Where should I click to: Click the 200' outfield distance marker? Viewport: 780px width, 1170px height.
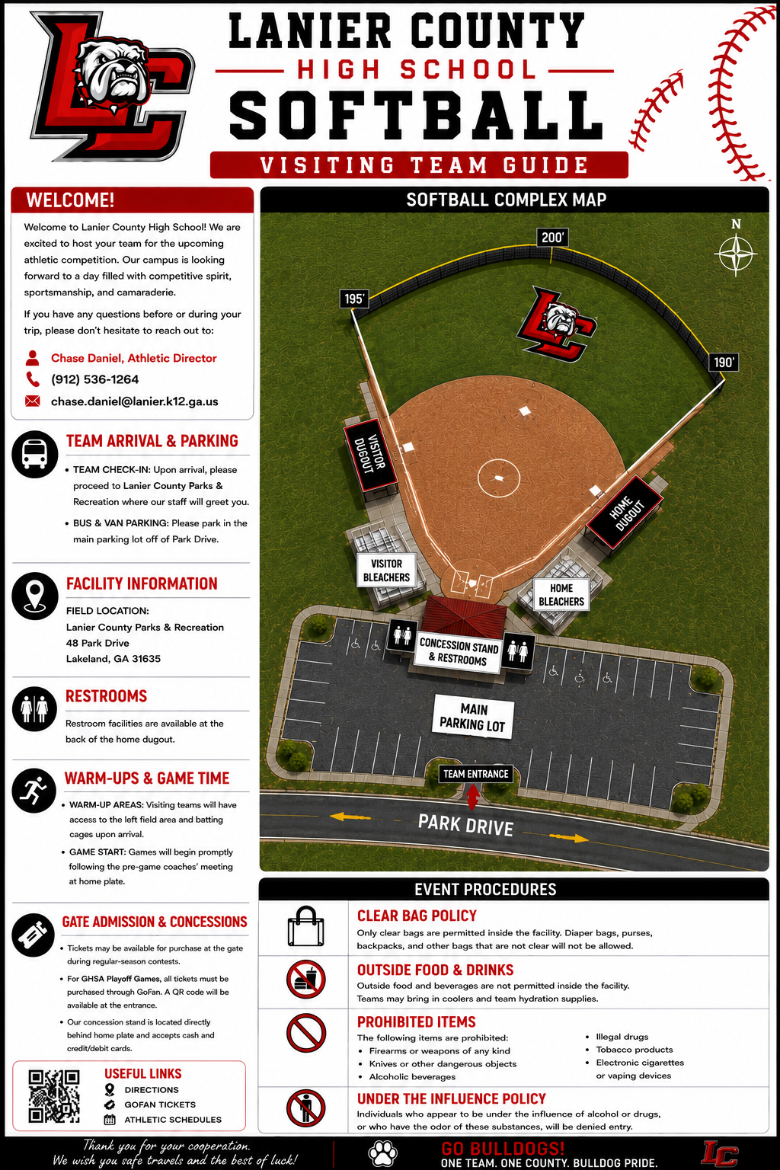[552, 238]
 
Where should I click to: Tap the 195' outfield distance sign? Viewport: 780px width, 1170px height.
[353, 299]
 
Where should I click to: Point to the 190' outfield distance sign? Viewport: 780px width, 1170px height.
[724, 363]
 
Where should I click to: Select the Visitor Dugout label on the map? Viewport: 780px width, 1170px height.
[369, 455]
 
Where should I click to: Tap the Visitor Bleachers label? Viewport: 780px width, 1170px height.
[386, 571]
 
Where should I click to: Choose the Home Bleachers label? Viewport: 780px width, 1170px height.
[561, 594]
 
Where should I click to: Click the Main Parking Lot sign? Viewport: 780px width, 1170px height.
[473, 717]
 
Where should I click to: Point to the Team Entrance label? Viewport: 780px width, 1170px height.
[475, 774]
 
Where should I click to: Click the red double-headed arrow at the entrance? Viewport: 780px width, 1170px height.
[473, 797]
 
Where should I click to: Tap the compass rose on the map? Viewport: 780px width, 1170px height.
[736, 254]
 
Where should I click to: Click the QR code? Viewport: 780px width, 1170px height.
[54, 1096]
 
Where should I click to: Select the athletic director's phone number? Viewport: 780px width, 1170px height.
[94, 379]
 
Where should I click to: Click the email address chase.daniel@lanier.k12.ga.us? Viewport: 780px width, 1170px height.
[134, 401]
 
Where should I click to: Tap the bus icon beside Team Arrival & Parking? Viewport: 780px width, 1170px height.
[35, 455]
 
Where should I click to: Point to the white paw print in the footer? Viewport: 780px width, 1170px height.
[383, 1152]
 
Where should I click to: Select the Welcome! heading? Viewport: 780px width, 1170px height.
[70, 200]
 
